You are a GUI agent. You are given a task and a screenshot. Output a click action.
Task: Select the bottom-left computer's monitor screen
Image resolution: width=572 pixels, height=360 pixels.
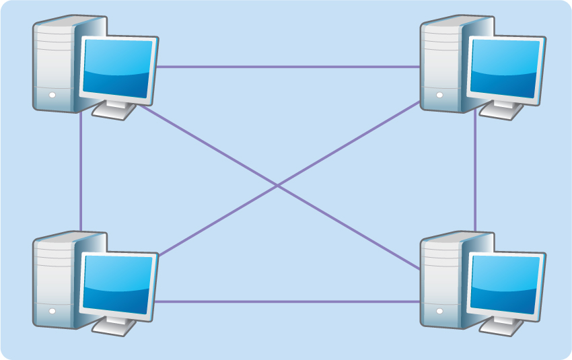click(117, 283)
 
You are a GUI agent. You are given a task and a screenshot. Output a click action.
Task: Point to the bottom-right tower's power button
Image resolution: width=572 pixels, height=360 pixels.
click(439, 311)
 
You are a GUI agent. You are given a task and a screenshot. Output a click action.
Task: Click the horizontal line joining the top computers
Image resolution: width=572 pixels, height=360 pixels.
click(289, 67)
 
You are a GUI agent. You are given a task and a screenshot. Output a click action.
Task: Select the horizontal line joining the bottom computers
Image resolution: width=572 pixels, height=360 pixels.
click(289, 301)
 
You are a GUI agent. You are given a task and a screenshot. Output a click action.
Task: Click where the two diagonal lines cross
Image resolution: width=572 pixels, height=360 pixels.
click(278, 186)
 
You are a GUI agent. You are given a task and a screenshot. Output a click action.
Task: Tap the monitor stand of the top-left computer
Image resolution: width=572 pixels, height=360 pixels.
click(114, 110)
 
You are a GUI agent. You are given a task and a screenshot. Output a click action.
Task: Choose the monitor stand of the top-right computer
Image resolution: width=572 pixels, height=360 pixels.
click(502, 110)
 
